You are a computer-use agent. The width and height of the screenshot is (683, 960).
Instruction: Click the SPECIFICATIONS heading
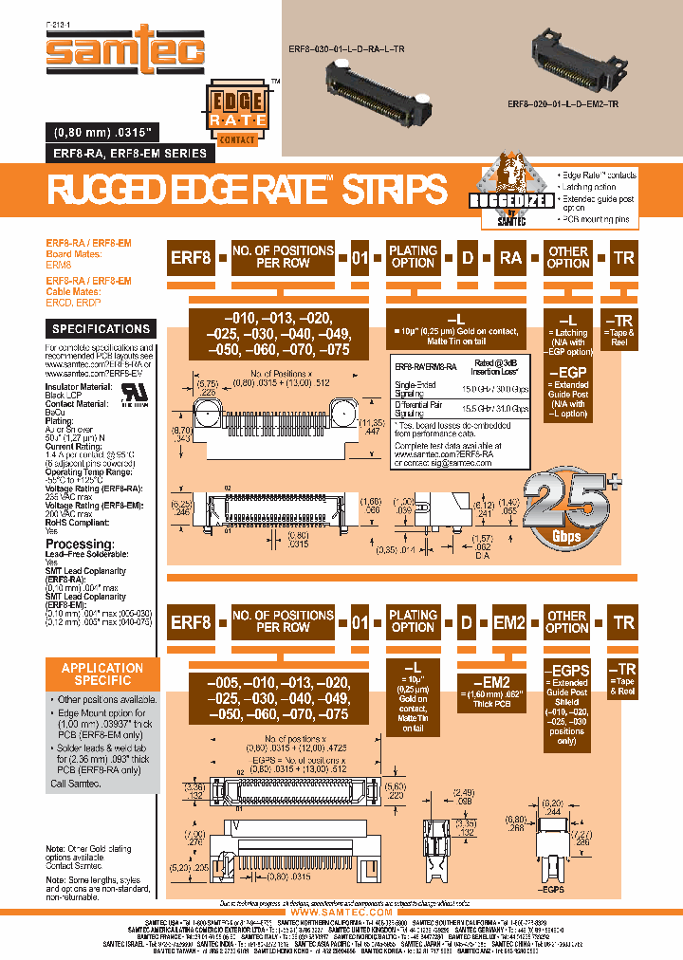[101, 329]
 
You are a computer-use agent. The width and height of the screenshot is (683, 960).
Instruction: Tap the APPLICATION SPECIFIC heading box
[101, 674]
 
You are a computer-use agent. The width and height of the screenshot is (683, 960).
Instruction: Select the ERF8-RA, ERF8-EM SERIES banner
[124, 154]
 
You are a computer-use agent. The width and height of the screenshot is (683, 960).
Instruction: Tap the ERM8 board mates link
[59, 266]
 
